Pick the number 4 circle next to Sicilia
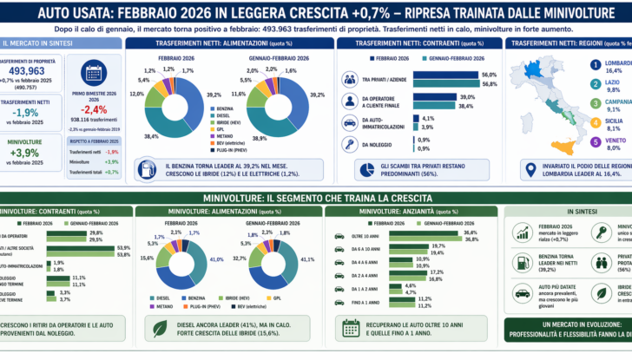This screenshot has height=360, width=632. pyautogui.click(x=595, y=124)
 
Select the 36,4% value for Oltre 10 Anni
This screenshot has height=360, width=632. pyautogui.click(x=471, y=232)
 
